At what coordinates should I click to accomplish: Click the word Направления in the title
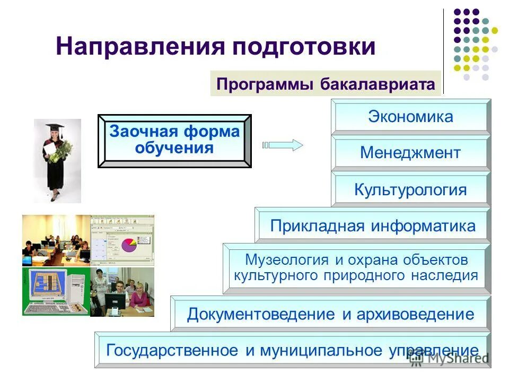click(x=139, y=47)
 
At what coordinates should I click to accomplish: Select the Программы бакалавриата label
click(x=326, y=84)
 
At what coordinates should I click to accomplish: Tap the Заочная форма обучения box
click(x=174, y=140)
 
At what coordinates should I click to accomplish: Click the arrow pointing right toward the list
click(x=283, y=145)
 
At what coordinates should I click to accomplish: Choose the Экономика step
click(x=410, y=117)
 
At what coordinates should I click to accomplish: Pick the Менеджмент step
click(x=410, y=153)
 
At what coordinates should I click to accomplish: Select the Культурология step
click(x=410, y=190)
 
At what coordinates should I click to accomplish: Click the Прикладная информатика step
click(x=373, y=226)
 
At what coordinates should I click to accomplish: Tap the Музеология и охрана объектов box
click(x=356, y=268)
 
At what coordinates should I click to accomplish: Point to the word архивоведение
click(x=416, y=314)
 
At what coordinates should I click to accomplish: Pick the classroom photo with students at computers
click(x=56, y=240)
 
